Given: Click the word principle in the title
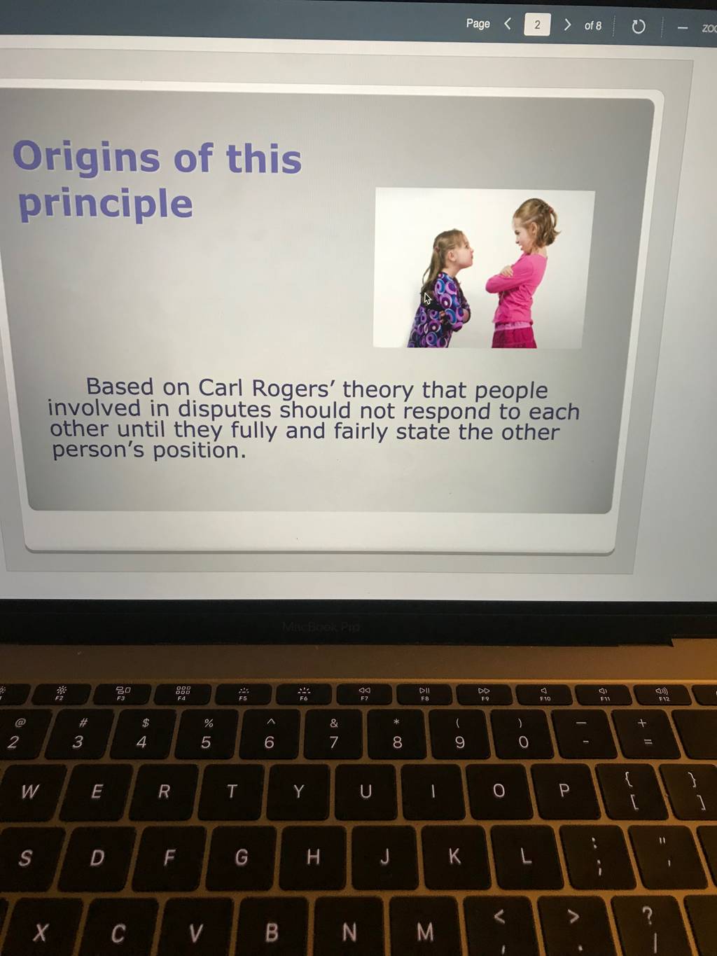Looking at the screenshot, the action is click(x=105, y=205).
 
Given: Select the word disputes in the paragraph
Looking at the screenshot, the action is click(x=225, y=410).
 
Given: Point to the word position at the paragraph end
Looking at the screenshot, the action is click(x=200, y=451).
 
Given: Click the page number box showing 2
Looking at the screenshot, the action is click(x=537, y=25).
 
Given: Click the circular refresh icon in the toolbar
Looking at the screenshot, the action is click(x=638, y=27).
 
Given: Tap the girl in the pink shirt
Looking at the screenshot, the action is click(x=522, y=274).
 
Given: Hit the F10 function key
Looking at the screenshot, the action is click(x=543, y=694).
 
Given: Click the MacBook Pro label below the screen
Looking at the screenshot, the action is click(x=321, y=627).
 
